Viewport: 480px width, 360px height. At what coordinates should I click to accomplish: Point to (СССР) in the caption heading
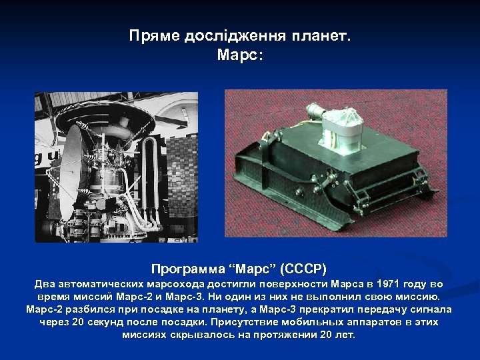pos(303,269)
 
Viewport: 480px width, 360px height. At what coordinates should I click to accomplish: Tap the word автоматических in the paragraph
pos(103,285)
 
